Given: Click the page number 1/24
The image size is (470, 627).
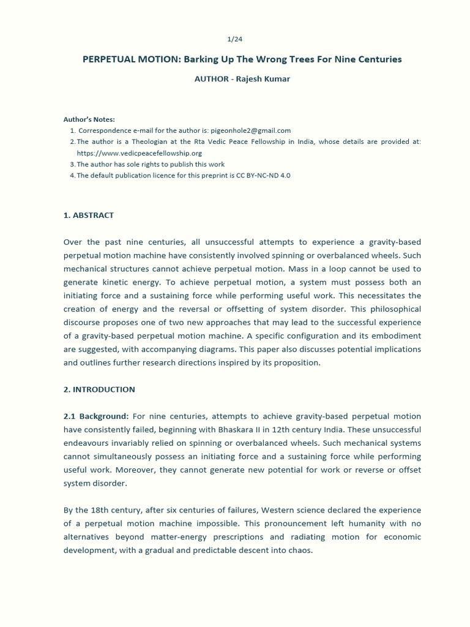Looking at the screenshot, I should pyautogui.click(x=234, y=39).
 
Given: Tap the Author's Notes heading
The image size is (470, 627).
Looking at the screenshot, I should pyautogui.click(x=89, y=119).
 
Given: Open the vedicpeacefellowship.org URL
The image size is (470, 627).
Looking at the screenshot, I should pyautogui.click(x=139, y=153).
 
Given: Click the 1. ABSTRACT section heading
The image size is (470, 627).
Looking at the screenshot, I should pyautogui.click(x=89, y=216).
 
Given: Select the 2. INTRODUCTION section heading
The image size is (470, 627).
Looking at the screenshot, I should pyautogui.click(x=99, y=389).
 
